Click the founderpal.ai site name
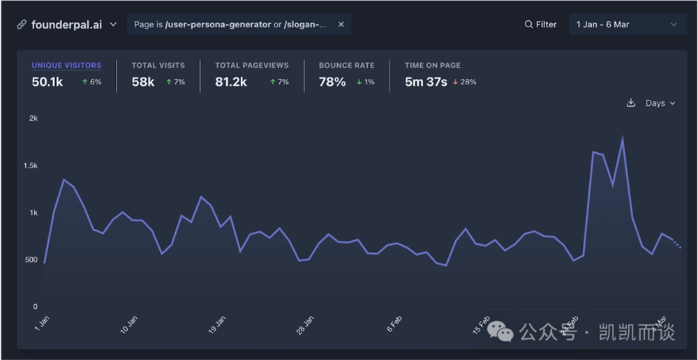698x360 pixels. (x=67, y=24)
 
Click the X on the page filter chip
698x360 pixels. (x=341, y=24)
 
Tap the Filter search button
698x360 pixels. (x=541, y=24)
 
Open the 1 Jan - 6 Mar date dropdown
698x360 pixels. (x=626, y=24)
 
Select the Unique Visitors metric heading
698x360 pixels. (x=66, y=65)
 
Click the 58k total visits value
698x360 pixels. (x=143, y=82)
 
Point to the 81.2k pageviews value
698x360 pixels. (x=231, y=82)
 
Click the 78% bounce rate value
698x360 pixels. (x=332, y=82)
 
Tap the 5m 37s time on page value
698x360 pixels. (x=426, y=82)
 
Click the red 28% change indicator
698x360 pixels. (x=464, y=82)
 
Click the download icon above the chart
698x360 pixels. (x=631, y=103)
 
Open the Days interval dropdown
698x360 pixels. (x=660, y=103)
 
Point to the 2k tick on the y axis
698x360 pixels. (x=33, y=119)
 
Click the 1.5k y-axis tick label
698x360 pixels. (x=30, y=166)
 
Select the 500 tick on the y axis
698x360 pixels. (x=31, y=260)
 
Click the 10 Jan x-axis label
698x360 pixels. (x=129, y=325)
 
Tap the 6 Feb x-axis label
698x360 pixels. (x=394, y=325)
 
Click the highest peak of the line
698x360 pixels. (x=622, y=137)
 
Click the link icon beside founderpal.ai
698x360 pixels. (x=22, y=24)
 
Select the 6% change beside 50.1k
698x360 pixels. (x=92, y=82)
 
